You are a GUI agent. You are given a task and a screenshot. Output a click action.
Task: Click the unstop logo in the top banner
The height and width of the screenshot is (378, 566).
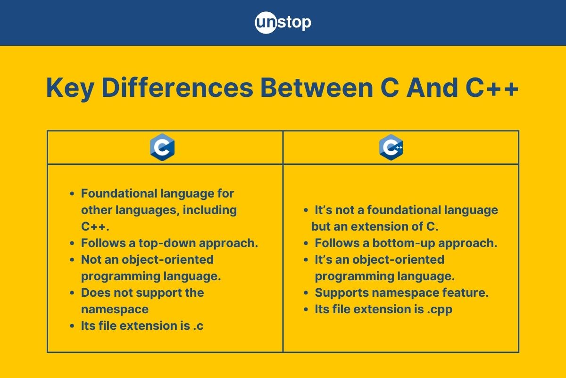[x=283, y=22]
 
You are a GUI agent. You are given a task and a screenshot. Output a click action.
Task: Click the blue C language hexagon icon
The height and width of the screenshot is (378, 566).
[x=162, y=147]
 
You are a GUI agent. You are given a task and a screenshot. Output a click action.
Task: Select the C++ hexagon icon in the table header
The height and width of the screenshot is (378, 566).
[x=391, y=147]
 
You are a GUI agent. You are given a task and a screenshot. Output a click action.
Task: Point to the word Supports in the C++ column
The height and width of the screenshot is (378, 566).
[x=341, y=293]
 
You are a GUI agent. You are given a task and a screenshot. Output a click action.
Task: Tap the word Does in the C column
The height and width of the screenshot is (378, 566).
[x=93, y=293]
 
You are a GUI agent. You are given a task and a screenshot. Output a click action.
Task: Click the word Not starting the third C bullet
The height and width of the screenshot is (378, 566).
[x=91, y=260]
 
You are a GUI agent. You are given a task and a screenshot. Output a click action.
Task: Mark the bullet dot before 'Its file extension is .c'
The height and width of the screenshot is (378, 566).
[x=72, y=326]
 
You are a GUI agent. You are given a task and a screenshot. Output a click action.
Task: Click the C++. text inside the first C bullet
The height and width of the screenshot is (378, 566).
[x=95, y=227]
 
